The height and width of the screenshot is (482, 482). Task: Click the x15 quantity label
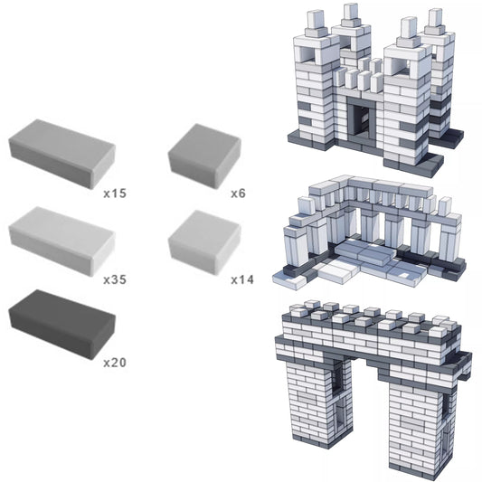[114, 194]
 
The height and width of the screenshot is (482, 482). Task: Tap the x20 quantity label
[114, 363]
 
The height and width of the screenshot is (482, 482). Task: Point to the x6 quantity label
[238, 194]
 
